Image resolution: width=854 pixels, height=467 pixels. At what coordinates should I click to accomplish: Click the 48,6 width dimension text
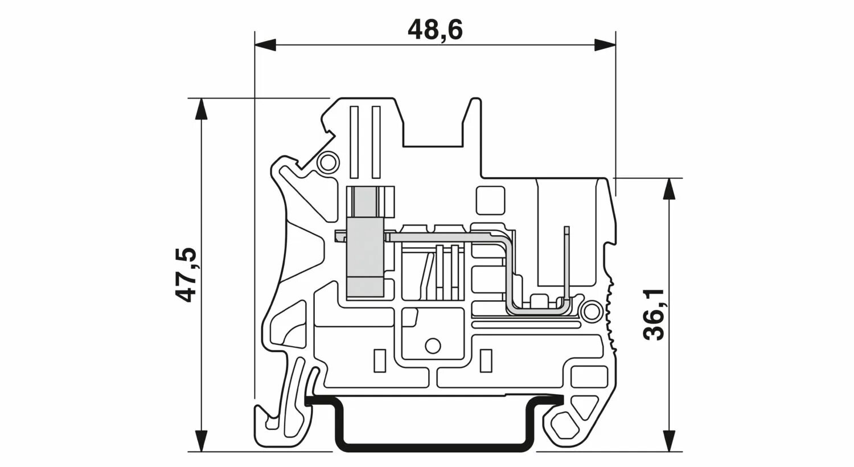click(x=435, y=30)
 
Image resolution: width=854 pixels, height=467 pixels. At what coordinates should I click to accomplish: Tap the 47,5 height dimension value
click(x=186, y=275)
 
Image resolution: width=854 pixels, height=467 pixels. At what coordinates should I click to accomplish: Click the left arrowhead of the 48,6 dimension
click(x=265, y=45)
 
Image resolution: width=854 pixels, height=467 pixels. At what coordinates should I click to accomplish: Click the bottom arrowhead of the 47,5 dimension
click(x=200, y=441)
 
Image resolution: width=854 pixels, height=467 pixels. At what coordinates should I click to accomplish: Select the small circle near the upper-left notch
click(x=327, y=163)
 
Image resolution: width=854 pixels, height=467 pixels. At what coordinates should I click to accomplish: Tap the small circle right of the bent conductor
click(x=592, y=312)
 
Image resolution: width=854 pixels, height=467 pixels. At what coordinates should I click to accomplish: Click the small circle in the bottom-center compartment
click(x=433, y=345)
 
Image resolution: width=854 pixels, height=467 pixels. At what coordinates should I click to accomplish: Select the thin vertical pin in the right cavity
click(x=566, y=262)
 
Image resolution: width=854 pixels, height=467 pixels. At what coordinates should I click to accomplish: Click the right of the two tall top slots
click(x=375, y=142)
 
